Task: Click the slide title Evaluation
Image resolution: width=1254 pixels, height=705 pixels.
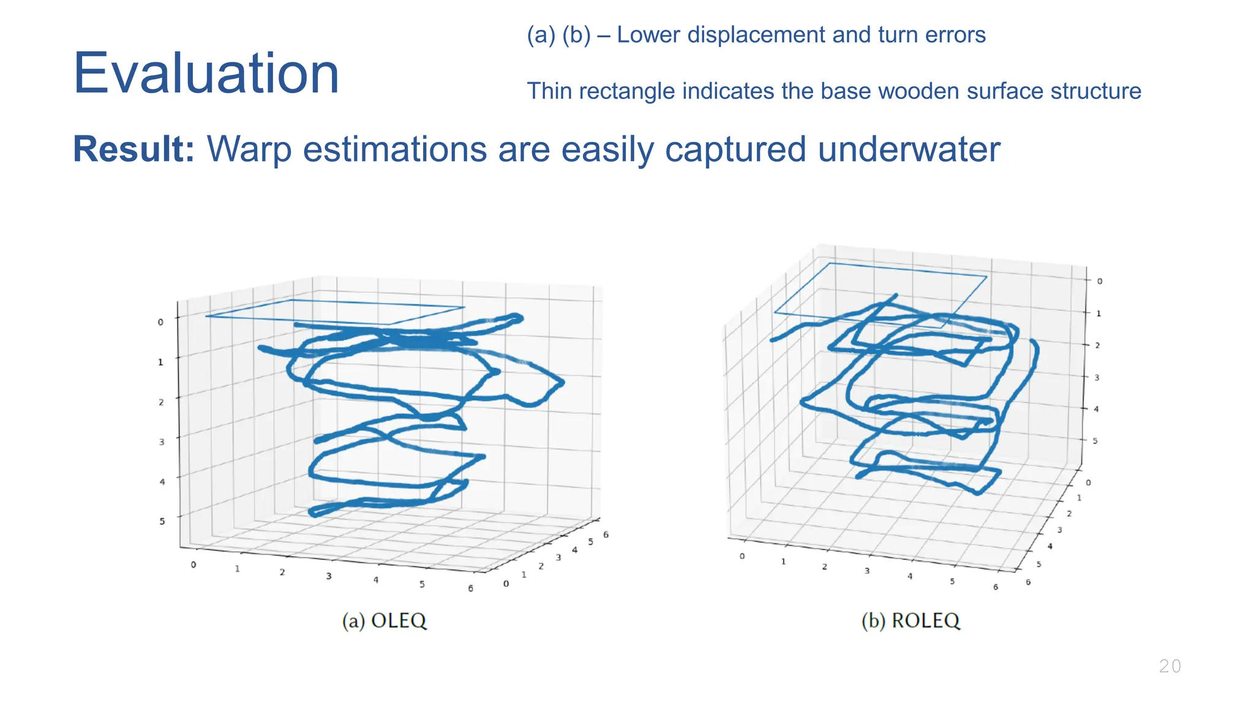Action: (x=206, y=73)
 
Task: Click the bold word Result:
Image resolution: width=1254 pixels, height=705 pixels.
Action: (x=133, y=149)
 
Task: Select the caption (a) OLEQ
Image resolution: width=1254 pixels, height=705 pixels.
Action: (x=384, y=621)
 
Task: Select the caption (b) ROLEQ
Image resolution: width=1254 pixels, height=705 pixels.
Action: (x=910, y=621)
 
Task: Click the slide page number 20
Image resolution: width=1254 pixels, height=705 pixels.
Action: (x=1170, y=666)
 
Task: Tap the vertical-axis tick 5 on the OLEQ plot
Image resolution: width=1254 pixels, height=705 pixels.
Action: (x=162, y=521)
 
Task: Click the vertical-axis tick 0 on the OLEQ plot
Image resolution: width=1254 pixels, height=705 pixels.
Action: (x=160, y=322)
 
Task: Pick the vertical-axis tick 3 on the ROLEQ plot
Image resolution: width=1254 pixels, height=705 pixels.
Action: (x=1097, y=378)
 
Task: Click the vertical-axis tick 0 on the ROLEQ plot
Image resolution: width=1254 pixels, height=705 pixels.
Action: (x=1100, y=281)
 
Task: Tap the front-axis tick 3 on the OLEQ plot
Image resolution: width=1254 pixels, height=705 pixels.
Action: (x=329, y=576)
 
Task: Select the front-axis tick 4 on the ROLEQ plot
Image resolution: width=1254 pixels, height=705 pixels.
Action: (x=910, y=576)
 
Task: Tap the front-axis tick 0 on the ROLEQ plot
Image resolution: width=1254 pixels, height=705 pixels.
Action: (x=742, y=556)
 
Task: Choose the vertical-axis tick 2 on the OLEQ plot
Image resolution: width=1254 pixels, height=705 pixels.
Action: (x=161, y=402)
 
